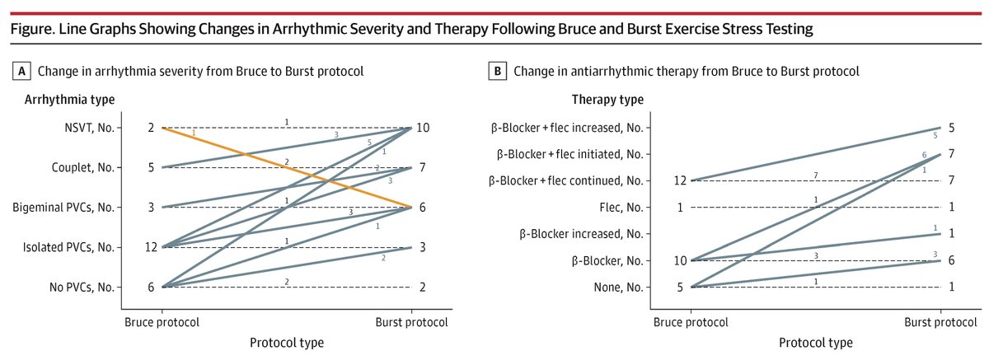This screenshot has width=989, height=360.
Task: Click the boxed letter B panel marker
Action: [x=498, y=72]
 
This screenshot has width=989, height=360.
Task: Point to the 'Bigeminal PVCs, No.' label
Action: [x=69, y=207]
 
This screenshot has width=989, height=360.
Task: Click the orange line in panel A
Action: [x=288, y=167]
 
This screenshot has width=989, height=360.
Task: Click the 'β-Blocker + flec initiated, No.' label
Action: [x=569, y=154]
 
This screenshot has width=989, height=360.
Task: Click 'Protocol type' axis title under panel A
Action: [x=286, y=342]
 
